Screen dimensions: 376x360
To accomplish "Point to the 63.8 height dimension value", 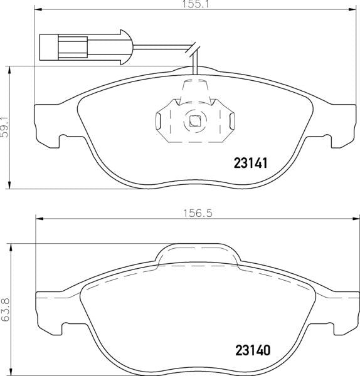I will pos(5,310).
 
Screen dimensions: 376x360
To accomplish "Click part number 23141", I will pos(251,164).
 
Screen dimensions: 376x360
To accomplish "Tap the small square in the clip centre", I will pos(194,122).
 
